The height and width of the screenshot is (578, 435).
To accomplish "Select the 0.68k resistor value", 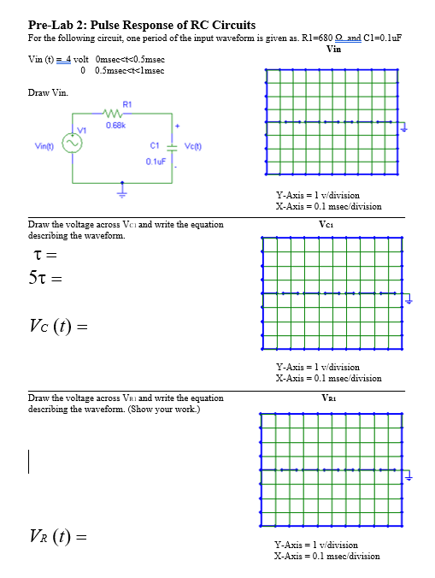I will (x=116, y=127).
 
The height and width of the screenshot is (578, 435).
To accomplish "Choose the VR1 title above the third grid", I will (x=333, y=398).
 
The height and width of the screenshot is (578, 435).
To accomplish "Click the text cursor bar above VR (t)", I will (x=30, y=462).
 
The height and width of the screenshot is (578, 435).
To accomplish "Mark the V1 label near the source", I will (x=82, y=131).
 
